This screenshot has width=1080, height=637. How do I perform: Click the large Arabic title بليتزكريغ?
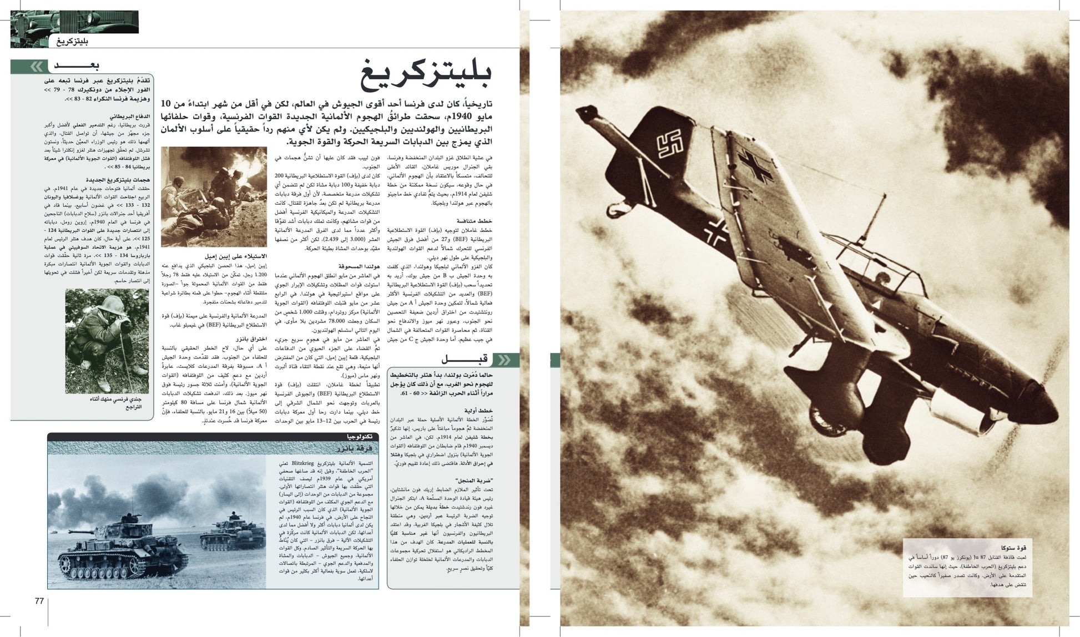pos(426,76)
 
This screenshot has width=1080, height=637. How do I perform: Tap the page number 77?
pos(39,601)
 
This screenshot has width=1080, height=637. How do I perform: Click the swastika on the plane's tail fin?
pos(671,144)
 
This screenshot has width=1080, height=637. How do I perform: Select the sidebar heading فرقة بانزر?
pos(355,448)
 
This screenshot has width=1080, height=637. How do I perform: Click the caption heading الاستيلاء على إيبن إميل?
pos(235,256)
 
